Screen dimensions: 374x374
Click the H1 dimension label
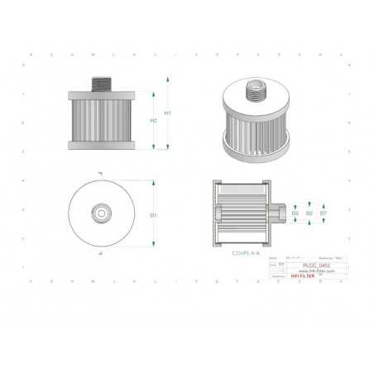168,113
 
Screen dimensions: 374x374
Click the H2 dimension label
153,121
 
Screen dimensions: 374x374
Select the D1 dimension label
154,214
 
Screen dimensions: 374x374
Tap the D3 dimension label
295,213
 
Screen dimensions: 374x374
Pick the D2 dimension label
309,213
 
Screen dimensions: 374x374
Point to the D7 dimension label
323,213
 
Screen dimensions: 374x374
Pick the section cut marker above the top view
100,174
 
